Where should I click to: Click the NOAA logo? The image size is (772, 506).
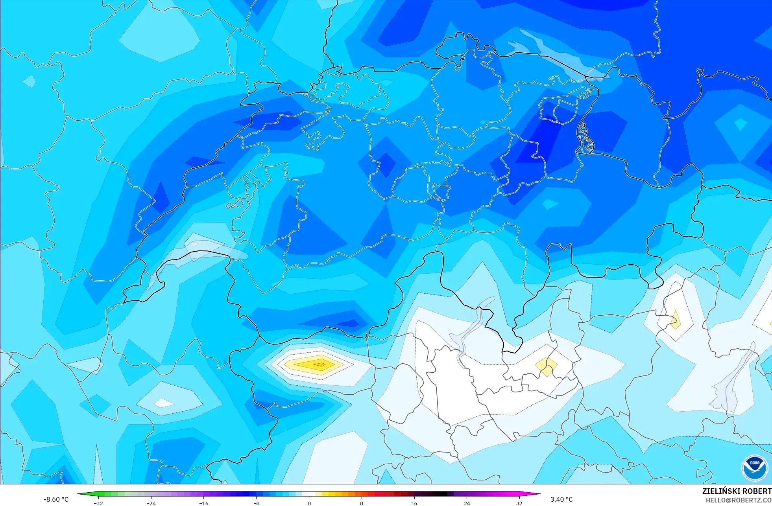(754, 468)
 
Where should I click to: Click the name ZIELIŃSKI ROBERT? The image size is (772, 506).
(737, 491)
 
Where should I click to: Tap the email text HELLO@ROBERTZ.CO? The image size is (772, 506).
(738, 500)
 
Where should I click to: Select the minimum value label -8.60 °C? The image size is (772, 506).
(56, 499)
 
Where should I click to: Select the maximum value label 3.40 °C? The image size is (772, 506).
(561, 499)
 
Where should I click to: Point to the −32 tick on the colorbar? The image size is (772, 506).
(98, 503)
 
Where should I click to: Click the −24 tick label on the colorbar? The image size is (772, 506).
(151, 503)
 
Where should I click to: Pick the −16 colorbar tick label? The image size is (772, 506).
(203, 503)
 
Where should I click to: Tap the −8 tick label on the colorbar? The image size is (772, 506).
(256, 503)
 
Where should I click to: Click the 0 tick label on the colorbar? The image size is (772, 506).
(309, 503)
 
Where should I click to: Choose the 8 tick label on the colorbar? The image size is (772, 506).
(362, 503)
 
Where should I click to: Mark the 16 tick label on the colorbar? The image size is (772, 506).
(414, 503)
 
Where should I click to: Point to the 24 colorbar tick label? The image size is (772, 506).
(467, 503)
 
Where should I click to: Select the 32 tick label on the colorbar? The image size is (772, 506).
(519, 503)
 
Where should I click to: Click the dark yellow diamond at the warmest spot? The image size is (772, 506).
(320, 364)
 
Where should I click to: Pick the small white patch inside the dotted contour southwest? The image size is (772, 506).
(164, 403)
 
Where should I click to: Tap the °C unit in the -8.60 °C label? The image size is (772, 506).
(65, 499)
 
